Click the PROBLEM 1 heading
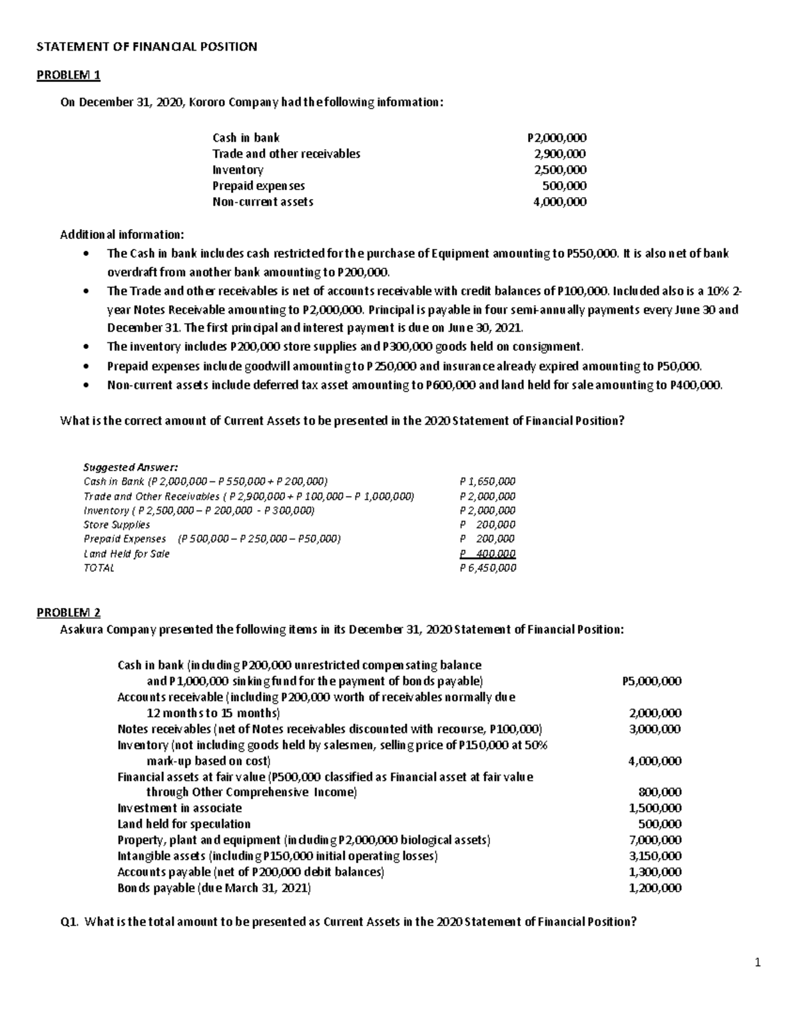[x=68, y=75]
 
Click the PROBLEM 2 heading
[x=68, y=613]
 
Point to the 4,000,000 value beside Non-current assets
[x=560, y=202]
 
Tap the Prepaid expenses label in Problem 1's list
[x=258, y=186]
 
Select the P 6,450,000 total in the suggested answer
[x=487, y=568]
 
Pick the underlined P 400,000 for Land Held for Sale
[x=487, y=554]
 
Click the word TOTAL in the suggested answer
[x=99, y=568]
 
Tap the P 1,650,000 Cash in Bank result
[x=487, y=481]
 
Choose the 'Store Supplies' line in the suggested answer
[x=117, y=525]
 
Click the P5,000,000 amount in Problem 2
[x=651, y=681]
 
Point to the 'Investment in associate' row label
[x=179, y=808]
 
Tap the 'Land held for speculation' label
[x=184, y=824]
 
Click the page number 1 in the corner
[x=757, y=962]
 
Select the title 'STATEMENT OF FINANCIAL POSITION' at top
[x=146, y=47]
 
